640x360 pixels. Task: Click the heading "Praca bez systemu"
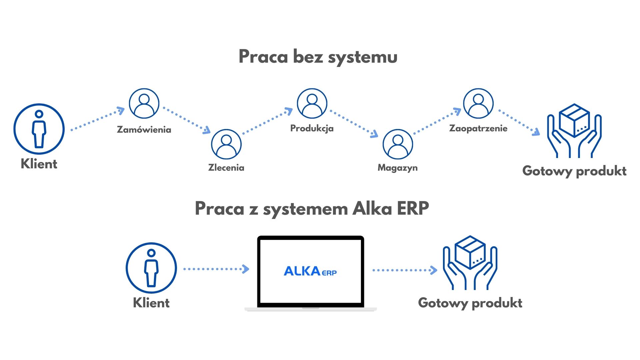pyautogui.click(x=318, y=57)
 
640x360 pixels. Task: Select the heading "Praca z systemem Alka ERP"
pyautogui.click(x=312, y=209)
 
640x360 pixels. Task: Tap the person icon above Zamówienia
pyautogui.click(x=144, y=103)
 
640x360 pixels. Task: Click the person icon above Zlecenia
pyautogui.click(x=226, y=144)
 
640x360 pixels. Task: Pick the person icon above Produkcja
pyautogui.click(x=312, y=103)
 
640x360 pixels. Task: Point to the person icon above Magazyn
pyautogui.click(x=398, y=144)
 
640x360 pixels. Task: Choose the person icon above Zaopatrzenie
pyautogui.click(x=478, y=103)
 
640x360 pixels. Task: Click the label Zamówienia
pyautogui.click(x=144, y=130)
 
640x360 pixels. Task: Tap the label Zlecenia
pyautogui.click(x=226, y=168)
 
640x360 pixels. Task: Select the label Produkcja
pyautogui.click(x=312, y=128)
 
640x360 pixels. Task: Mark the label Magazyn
pyautogui.click(x=398, y=168)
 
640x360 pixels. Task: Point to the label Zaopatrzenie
pyautogui.click(x=478, y=128)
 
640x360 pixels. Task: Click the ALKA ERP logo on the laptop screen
pyautogui.click(x=310, y=271)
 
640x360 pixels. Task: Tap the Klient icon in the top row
pyautogui.click(x=39, y=129)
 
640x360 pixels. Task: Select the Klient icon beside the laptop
pyautogui.click(x=151, y=268)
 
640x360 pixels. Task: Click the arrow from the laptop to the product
pyautogui.click(x=404, y=270)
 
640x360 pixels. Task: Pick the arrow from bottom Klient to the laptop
pyautogui.click(x=216, y=269)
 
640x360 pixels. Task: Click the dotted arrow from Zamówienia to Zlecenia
pyautogui.click(x=186, y=120)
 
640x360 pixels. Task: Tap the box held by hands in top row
pyautogui.click(x=575, y=121)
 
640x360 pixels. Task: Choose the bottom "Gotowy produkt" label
pyautogui.click(x=470, y=303)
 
